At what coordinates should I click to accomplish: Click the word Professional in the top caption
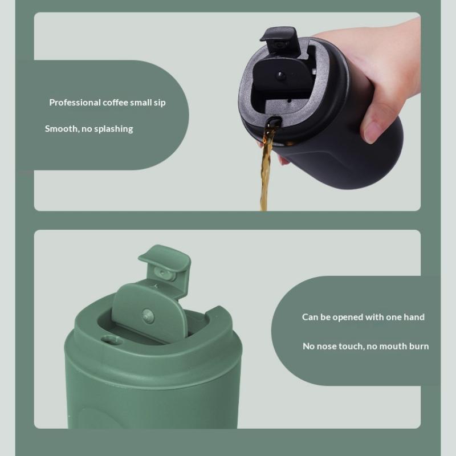[75, 103]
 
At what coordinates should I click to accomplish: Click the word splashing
[113, 129]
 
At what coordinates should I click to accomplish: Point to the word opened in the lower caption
[348, 317]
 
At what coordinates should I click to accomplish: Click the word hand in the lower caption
[414, 317]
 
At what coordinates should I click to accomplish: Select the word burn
[418, 346]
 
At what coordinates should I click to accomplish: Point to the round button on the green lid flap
[148, 315]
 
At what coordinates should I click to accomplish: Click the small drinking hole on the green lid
[111, 340]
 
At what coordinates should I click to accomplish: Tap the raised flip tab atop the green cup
[165, 262]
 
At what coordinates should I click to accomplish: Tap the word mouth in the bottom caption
[390, 346]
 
